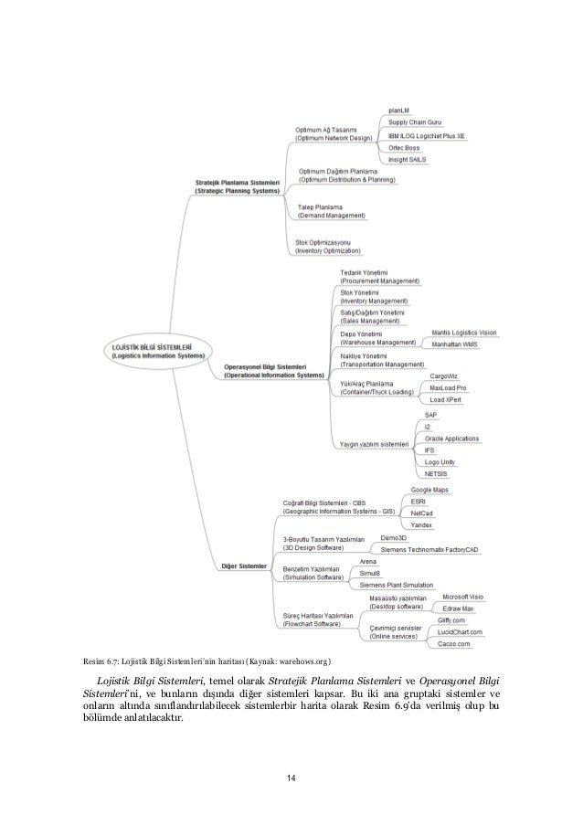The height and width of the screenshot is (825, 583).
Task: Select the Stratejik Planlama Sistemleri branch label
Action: click(x=239, y=186)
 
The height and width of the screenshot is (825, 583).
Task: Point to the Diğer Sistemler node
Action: click(x=243, y=566)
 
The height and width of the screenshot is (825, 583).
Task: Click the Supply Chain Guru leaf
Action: click(x=416, y=122)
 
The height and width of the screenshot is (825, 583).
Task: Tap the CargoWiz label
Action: click(x=444, y=375)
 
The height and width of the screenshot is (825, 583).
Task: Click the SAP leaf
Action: click(x=430, y=415)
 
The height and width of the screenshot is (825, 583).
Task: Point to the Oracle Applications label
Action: click(x=450, y=439)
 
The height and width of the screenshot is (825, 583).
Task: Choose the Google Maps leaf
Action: click(x=429, y=490)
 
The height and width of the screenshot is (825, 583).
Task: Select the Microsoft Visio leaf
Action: click(x=461, y=597)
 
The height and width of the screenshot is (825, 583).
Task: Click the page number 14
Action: click(x=291, y=777)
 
